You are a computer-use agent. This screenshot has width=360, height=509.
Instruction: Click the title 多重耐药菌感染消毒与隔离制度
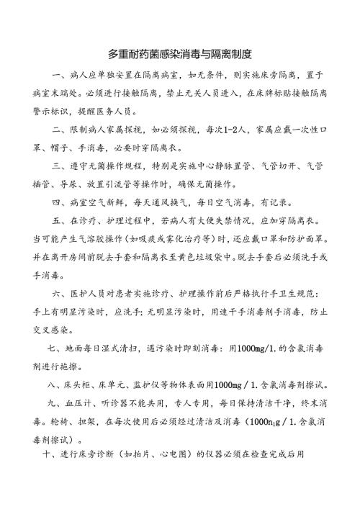point(179,54)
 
